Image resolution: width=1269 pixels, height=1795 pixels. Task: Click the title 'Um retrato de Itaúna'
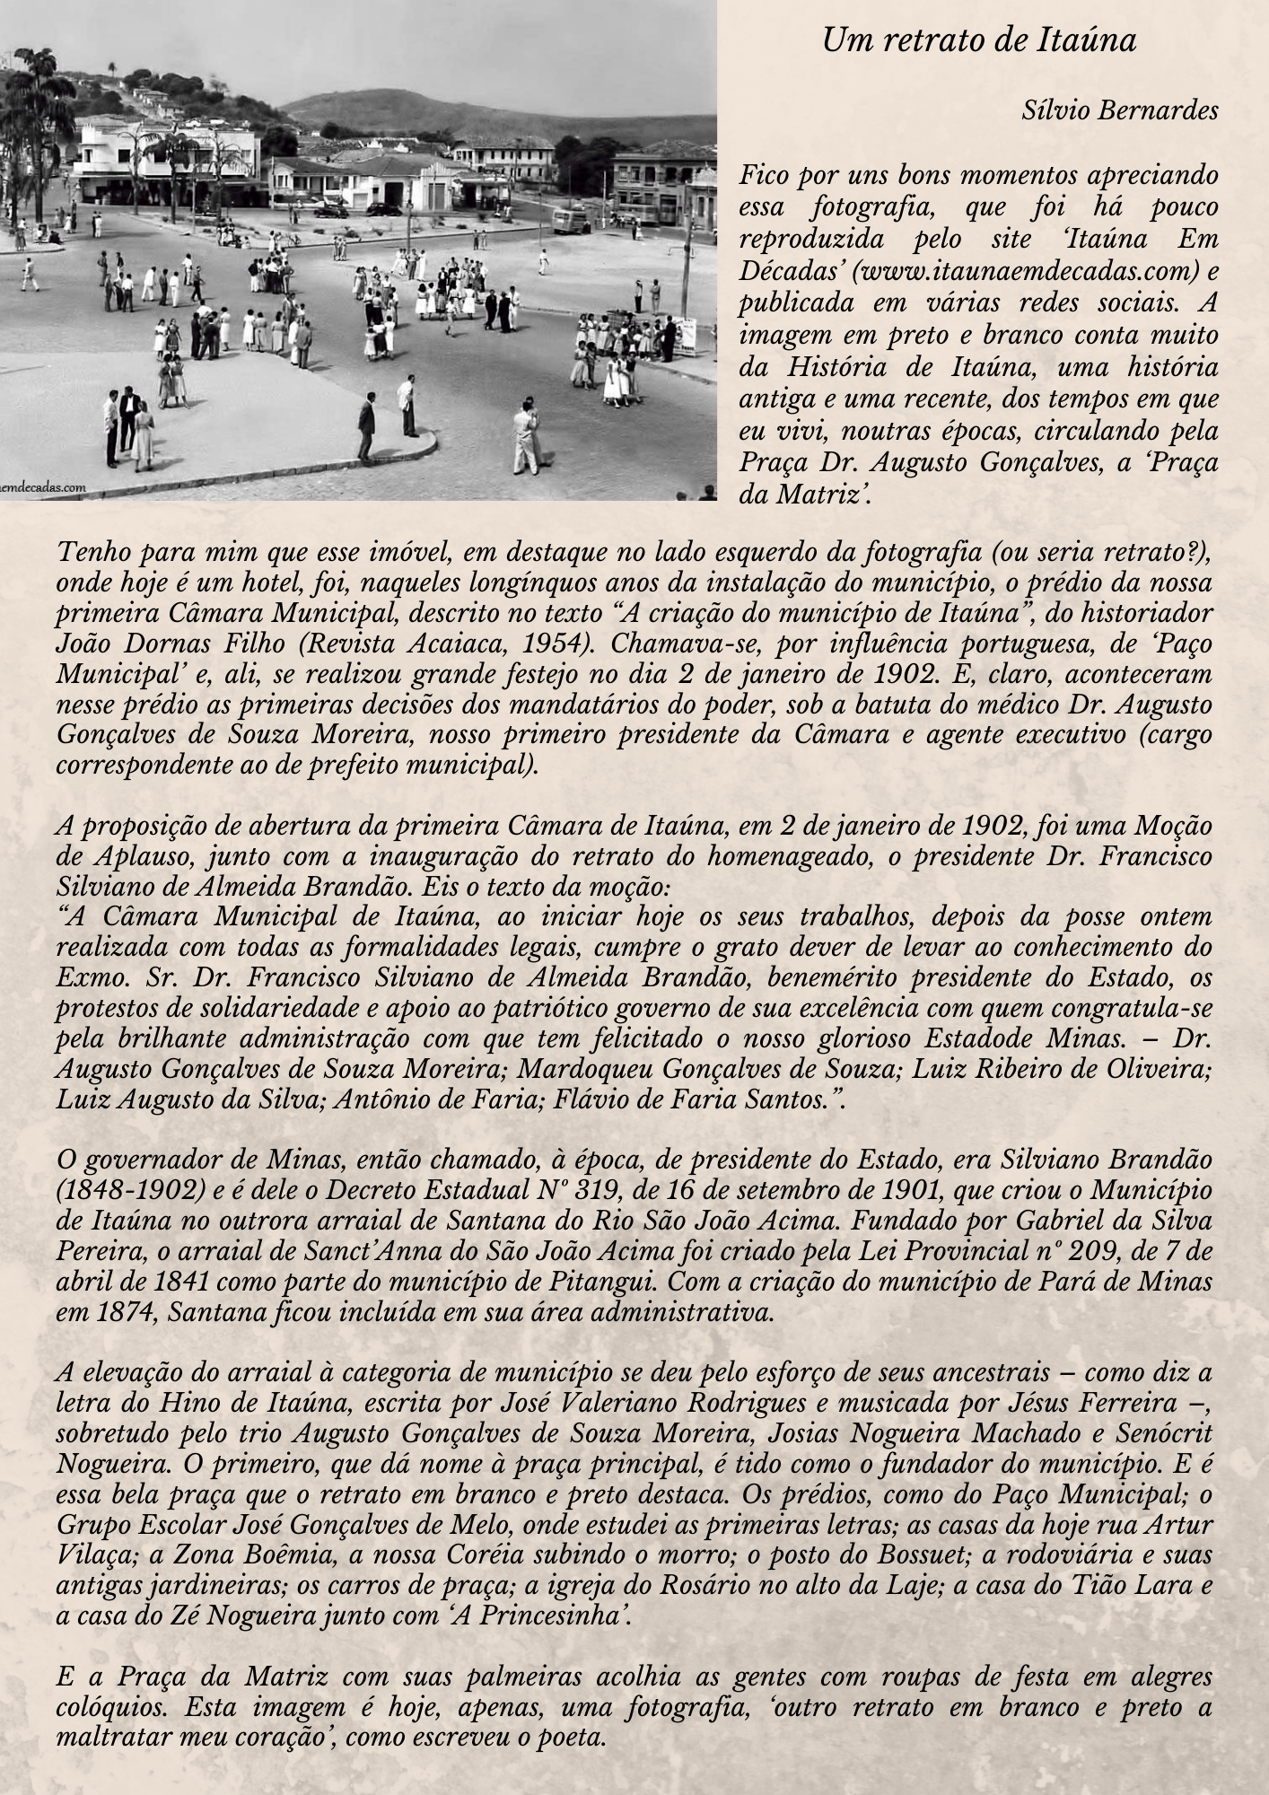[978, 40]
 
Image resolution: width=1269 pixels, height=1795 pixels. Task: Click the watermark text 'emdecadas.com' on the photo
[43, 488]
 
